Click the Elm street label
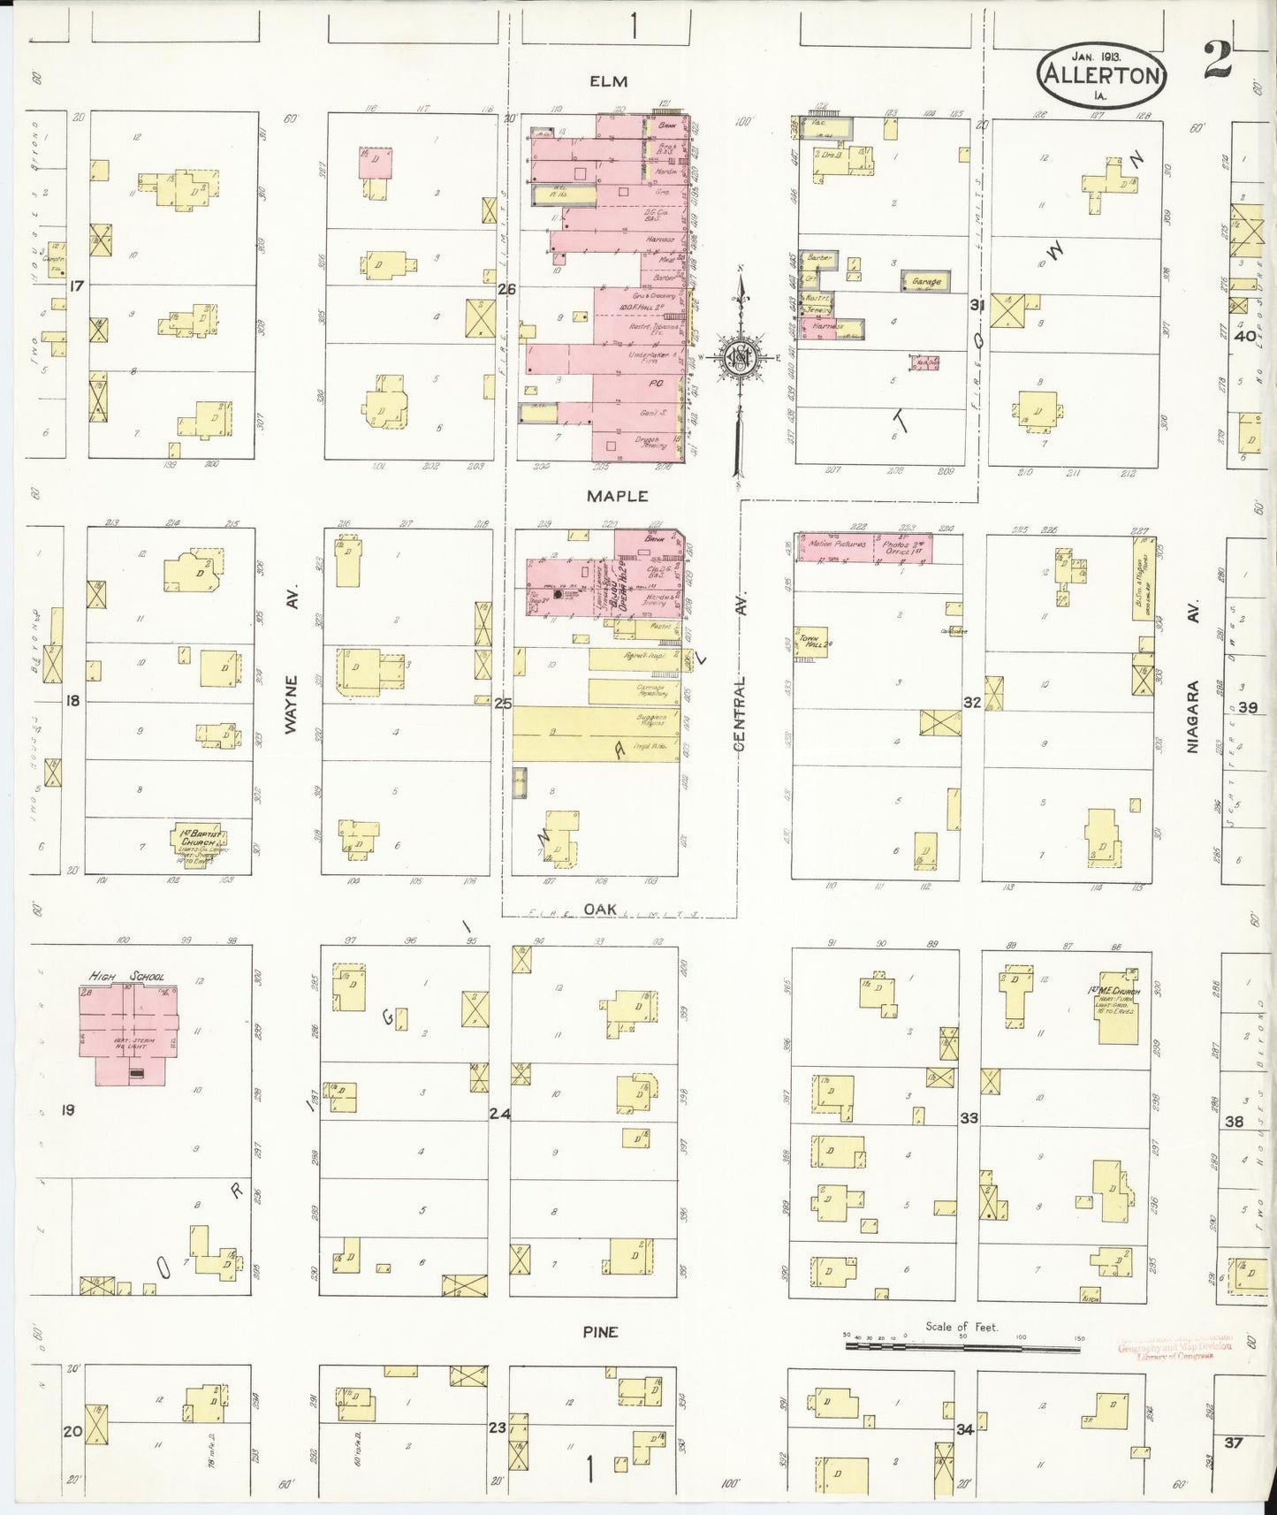608,81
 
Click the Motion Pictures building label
835,544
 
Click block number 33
969,1118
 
